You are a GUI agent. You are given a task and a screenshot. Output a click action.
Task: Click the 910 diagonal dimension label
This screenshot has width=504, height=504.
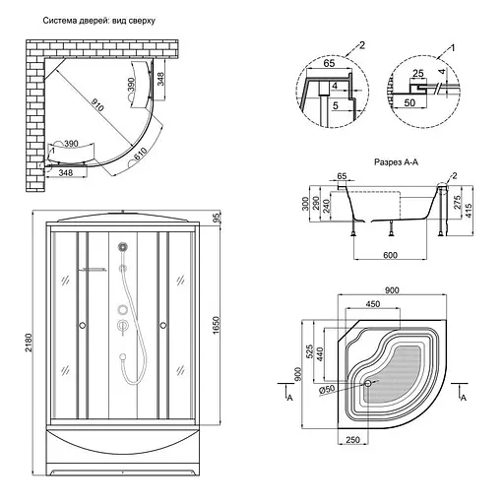coord(97,105)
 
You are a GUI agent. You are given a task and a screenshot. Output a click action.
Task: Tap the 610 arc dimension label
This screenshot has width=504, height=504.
coord(141,154)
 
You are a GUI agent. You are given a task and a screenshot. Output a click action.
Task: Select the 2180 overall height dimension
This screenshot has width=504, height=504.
coord(29,343)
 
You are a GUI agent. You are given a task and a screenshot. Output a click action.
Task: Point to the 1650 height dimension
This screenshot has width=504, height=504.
coord(216,325)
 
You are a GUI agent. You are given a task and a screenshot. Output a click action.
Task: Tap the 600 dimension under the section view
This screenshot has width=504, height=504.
coord(390,255)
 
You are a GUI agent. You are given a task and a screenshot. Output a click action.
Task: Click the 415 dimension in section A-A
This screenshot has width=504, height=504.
coord(469,211)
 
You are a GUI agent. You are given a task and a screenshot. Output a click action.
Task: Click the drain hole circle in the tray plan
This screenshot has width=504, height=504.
coord(368,383)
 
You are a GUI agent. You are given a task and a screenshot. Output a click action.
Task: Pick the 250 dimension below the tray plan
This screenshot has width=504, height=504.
coord(352,439)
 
